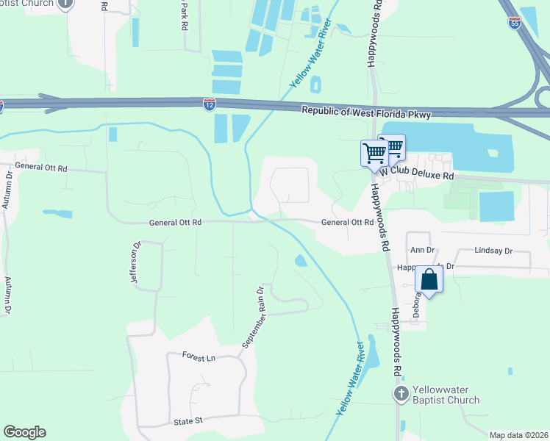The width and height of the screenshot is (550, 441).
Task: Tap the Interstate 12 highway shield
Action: coord(210,104)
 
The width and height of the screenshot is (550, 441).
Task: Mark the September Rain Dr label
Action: coord(251,317)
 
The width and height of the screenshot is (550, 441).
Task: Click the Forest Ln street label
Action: coord(199,356)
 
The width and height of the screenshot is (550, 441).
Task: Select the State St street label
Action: coord(187,421)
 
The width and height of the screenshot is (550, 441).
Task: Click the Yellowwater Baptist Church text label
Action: coord(445,395)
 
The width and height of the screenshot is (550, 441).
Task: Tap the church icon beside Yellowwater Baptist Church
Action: coord(401,394)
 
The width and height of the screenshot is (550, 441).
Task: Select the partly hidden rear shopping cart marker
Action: coord(395,145)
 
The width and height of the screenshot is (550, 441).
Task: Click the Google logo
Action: coord(24,432)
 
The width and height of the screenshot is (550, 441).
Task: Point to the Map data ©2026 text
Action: coord(518,435)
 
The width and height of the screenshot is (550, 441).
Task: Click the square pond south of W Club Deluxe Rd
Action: coord(496,206)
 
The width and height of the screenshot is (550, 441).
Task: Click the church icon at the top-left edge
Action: coord(65,3)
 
